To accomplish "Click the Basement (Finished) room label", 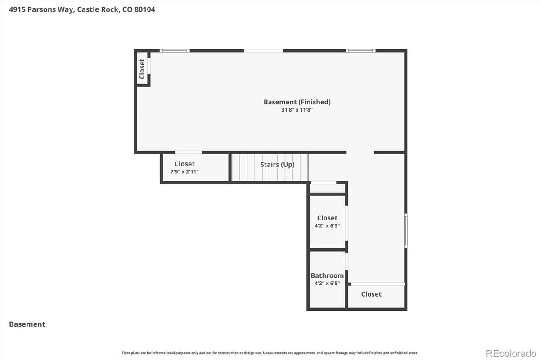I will (297, 102).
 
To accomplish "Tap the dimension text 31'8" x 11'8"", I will (297, 110).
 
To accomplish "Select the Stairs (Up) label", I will (277, 165).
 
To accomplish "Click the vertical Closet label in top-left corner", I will (142, 69).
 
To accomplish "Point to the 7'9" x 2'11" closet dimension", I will (184, 172).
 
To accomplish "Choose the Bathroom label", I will (327, 275).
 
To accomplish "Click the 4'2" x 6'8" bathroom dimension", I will (327, 283).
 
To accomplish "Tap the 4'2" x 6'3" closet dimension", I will (327, 226).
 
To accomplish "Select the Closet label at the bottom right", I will (371, 294).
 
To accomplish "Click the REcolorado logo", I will (511, 353).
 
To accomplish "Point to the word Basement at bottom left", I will (27, 324).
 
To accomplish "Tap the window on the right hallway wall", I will (405, 230).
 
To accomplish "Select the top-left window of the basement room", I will (175, 51).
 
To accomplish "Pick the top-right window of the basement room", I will (360, 51).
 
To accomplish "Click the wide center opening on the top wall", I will (264, 51).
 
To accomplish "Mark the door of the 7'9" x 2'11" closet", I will (189, 153).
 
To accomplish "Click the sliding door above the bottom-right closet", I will (377, 284).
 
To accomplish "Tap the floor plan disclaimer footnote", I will (270, 353).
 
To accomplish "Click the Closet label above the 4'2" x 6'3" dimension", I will (327, 218).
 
